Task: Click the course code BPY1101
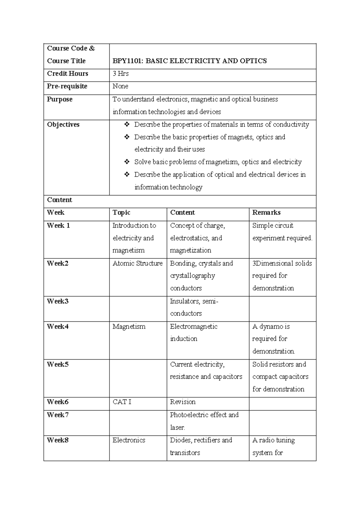pyautogui.click(x=126, y=61)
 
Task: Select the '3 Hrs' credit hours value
pyautogui.click(x=121, y=74)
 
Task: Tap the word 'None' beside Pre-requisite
pyautogui.click(x=120, y=86)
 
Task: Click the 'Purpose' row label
pyautogui.click(x=60, y=99)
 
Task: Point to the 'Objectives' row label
pyautogui.click(x=63, y=125)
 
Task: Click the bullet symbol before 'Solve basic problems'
pyautogui.click(x=127, y=162)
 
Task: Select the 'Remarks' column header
pyautogui.click(x=266, y=212)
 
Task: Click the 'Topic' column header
pyautogui.click(x=121, y=212)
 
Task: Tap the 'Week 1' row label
pyautogui.click(x=58, y=225)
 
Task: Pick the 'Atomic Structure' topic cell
pyautogui.click(x=137, y=263)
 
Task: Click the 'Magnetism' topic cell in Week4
pyautogui.click(x=129, y=327)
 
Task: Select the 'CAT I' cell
pyautogui.click(x=122, y=402)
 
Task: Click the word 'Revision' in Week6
pyautogui.click(x=183, y=402)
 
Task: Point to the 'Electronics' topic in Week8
pyautogui.click(x=129, y=440)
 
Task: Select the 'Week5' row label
pyautogui.click(x=58, y=364)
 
